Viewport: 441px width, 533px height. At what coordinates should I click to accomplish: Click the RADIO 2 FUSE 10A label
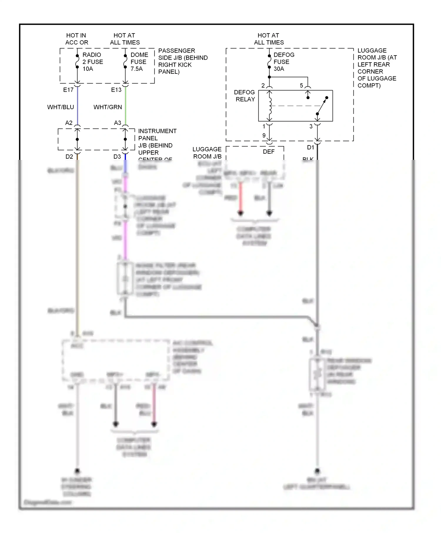point(93,62)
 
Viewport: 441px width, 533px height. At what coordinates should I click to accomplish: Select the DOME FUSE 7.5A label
point(139,62)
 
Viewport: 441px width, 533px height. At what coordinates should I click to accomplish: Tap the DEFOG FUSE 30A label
point(283,62)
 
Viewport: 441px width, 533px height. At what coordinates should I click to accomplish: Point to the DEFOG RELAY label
point(245,96)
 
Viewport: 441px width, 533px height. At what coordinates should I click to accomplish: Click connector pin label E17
point(68,90)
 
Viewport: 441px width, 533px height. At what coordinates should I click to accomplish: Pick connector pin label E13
point(116,90)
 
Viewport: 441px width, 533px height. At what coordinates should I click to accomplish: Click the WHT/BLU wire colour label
point(61,107)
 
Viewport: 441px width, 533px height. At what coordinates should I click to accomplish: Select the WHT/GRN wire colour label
point(108,107)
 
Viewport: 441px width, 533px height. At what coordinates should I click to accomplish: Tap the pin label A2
point(69,123)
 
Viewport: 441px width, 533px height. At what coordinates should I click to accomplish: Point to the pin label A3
point(117,123)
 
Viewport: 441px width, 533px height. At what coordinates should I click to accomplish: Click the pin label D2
point(69,157)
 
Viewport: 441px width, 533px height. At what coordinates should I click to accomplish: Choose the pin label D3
point(117,157)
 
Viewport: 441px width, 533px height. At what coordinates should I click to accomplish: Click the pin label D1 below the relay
point(310,148)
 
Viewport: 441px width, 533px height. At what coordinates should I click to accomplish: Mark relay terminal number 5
point(301,86)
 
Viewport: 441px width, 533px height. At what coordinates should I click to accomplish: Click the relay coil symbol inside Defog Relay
point(270,106)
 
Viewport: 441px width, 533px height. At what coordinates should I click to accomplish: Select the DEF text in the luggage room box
point(268,152)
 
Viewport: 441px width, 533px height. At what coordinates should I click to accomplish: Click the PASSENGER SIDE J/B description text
point(183,61)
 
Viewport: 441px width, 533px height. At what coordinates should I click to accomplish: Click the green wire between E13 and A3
point(126,106)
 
